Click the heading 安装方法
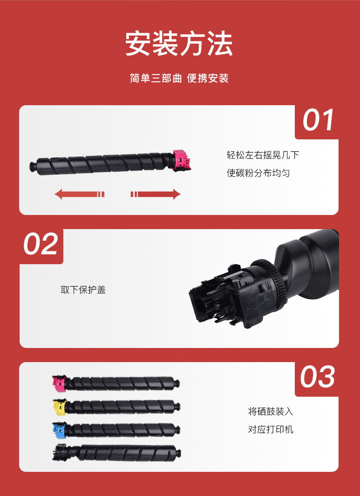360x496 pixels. tap(179, 43)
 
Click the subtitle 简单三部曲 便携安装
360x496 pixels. tap(179, 78)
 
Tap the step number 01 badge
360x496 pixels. tap(317, 121)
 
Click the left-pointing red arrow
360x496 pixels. tap(79, 194)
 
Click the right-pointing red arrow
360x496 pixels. tap(155, 194)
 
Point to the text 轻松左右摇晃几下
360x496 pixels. tap(263, 155)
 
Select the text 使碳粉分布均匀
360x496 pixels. tap(258, 173)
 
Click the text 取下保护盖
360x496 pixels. tap(83, 290)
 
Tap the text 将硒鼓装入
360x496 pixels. tap(270, 412)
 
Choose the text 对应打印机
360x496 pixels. tap(270, 430)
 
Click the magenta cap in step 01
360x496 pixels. tap(182, 160)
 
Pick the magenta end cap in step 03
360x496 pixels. tap(59, 383)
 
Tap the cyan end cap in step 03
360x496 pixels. tap(59, 430)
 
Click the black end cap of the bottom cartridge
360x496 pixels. tap(60, 452)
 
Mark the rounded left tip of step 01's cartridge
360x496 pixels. tap(32, 166)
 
